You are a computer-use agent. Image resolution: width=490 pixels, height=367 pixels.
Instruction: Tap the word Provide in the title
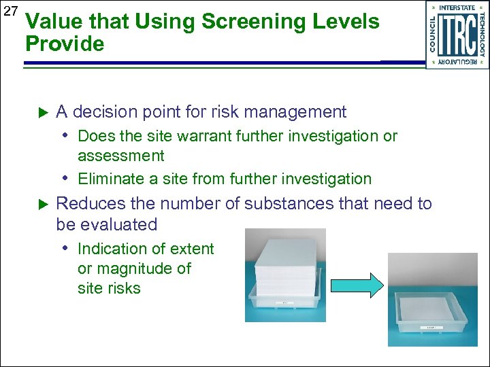point(65,45)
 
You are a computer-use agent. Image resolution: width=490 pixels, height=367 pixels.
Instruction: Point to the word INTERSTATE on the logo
point(457,7)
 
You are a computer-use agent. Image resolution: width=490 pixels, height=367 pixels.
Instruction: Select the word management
point(301,111)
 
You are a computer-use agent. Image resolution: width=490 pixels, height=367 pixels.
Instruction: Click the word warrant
point(202,136)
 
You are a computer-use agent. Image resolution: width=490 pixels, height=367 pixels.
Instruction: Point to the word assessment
point(121,156)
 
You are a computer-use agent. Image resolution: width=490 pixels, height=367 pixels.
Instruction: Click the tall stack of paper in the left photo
point(285,258)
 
